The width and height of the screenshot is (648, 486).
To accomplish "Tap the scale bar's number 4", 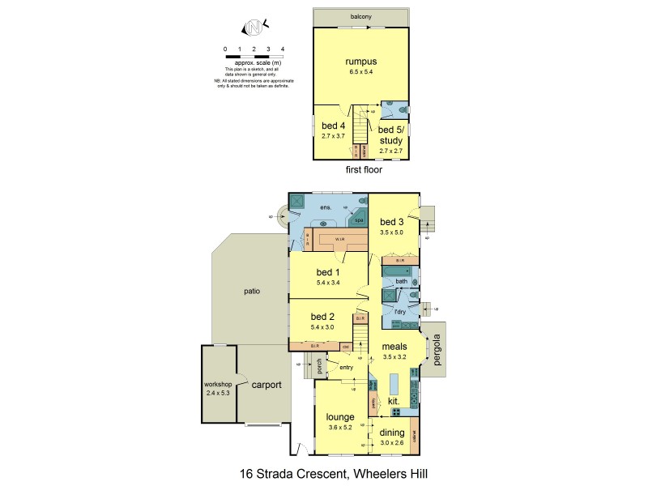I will click(x=281, y=49).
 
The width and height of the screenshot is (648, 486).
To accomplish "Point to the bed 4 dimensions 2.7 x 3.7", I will click(x=333, y=135).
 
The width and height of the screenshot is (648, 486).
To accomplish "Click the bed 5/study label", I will click(x=390, y=135).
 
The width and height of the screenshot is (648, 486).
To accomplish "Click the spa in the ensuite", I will click(x=358, y=220).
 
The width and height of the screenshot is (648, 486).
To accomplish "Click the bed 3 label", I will click(x=391, y=221).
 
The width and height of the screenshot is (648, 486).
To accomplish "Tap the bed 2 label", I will click(x=322, y=316).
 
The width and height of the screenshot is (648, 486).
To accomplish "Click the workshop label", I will click(x=218, y=383).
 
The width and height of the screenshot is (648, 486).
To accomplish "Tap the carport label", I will click(x=266, y=385).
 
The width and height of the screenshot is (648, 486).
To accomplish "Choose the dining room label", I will click(x=391, y=433).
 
